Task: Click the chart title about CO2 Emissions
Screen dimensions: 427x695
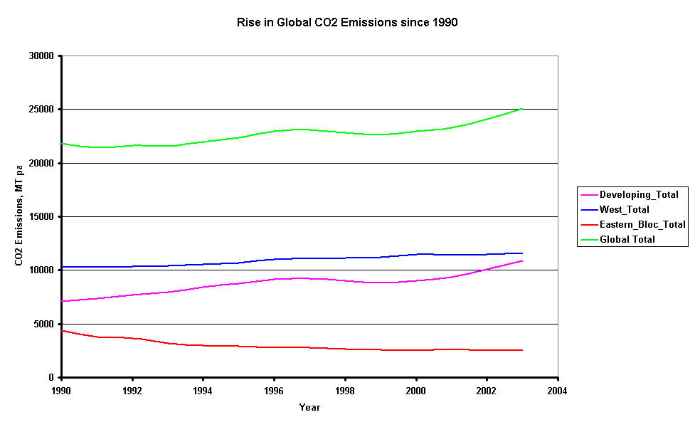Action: click(x=347, y=22)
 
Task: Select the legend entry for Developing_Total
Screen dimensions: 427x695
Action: click(x=639, y=194)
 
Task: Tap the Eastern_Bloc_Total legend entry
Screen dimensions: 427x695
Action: click(x=642, y=224)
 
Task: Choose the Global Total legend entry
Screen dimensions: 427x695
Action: click(x=627, y=240)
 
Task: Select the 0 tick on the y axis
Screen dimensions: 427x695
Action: click(x=53, y=377)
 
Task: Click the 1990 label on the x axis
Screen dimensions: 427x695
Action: click(x=62, y=391)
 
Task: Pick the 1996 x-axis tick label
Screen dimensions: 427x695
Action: click(x=274, y=391)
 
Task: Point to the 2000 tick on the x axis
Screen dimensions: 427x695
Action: click(x=415, y=391)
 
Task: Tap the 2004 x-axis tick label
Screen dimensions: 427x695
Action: click(x=557, y=391)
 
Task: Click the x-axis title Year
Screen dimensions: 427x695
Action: click(x=309, y=408)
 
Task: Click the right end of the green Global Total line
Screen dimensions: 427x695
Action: click(x=522, y=109)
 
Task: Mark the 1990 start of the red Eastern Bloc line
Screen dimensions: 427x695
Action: click(x=63, y=330)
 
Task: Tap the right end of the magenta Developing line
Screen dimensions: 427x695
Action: click(x=522, y=260)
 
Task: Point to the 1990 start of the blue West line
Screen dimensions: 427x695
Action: click(x=63, y=267)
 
